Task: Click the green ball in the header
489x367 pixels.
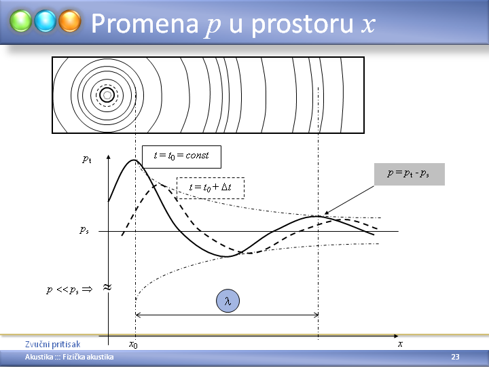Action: [20, 21]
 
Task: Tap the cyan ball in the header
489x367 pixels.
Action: [46, 21]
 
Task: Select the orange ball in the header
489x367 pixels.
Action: [70, 21]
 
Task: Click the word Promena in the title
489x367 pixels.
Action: [145, 24]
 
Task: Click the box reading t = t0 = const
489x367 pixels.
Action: [181, 157]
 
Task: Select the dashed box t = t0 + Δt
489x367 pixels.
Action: [211, 188]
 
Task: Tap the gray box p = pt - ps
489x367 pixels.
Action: [409, 174]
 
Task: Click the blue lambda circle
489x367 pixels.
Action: [228, 301]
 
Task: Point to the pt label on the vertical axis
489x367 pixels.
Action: [87, 160]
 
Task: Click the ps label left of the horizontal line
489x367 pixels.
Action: [84, 230]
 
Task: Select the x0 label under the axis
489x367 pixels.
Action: [133, 344]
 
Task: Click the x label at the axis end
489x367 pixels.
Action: [400, 344]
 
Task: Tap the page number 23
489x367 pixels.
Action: [455, 357]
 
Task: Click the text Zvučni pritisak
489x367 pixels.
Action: [53, 344]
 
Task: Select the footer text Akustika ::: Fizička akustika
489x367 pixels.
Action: [69, 357]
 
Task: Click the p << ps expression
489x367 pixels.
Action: [69, 290]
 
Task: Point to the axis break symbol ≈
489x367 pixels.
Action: [107, 287]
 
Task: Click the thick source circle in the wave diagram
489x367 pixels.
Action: [107, 95]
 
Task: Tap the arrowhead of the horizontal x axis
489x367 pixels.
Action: [397, 336]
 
